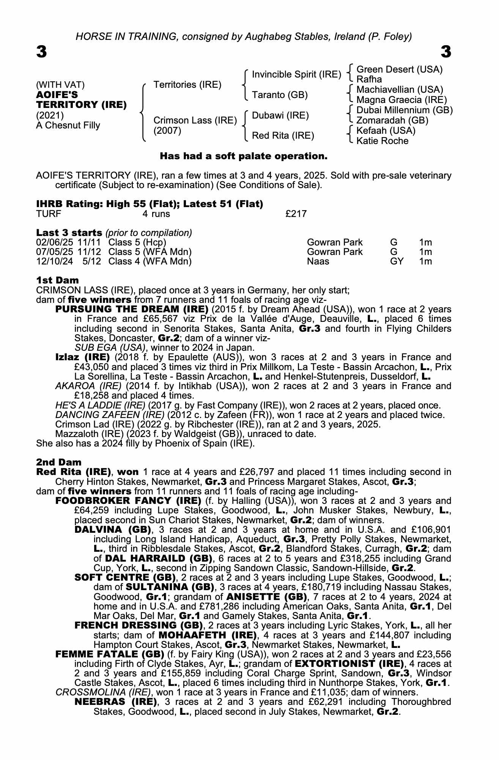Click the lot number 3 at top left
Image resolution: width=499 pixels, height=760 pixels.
pos(42,52)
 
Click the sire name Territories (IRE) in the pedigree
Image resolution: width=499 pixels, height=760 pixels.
pos(187,84)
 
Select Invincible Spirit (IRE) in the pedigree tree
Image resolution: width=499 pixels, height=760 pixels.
pos(296,74)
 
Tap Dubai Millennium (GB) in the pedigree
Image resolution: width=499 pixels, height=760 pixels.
pos(405,110)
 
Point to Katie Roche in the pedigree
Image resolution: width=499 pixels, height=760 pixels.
pos(383,141)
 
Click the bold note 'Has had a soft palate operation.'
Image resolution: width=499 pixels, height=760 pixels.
pos(243,156)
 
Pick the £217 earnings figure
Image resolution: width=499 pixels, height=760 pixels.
pos(296,214)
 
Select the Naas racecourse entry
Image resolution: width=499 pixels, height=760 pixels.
pos(318,261)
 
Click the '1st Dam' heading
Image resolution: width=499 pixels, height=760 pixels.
pos(57,280)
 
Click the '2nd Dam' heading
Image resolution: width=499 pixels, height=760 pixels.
pos(58,462)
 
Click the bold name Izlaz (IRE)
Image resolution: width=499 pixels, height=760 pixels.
pos(82,357)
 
